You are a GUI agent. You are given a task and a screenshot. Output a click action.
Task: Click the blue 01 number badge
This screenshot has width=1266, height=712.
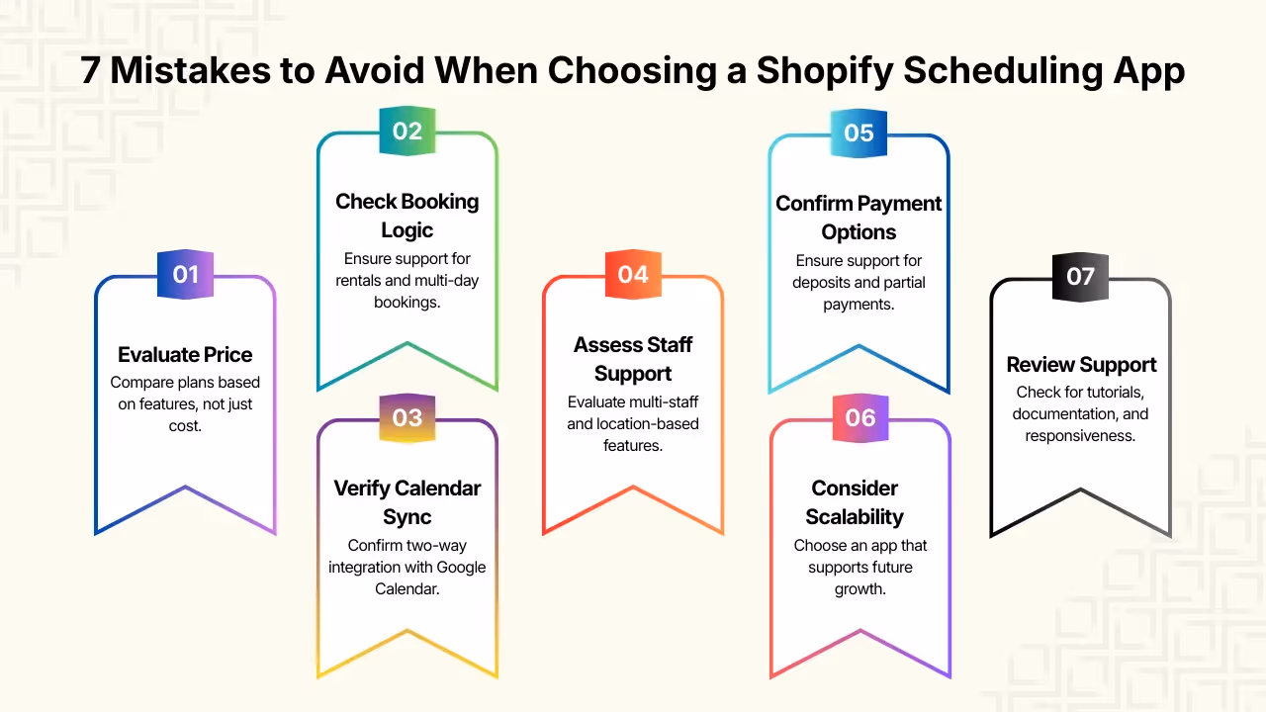[x=186, y=274]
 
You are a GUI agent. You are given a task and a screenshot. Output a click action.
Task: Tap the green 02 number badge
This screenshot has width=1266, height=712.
[x=407, y=131]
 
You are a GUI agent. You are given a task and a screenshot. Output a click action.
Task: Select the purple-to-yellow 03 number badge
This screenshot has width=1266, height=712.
[x=407, y=417]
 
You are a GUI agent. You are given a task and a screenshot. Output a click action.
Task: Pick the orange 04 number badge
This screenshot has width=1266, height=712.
[x=633, y=274]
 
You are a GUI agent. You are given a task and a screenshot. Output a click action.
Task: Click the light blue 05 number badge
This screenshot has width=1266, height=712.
[x=859, y=132]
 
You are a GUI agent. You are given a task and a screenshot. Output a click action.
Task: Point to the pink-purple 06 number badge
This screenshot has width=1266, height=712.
[x=859, y=417]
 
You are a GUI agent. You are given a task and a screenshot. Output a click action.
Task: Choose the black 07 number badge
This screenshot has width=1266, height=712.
[x=1080, y=275]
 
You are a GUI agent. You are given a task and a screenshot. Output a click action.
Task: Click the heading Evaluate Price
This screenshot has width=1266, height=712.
[x=185, y=355]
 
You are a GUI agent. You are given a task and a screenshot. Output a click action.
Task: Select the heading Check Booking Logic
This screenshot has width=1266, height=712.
[x=407, y=216]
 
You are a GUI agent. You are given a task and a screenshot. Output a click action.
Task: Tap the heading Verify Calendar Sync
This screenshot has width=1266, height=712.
[x=407, y=502]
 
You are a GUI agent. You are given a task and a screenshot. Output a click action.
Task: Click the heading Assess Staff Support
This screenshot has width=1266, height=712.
[x=633, y=359]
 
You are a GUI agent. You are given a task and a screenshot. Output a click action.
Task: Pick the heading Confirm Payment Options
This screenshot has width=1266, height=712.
[x=859, y=218]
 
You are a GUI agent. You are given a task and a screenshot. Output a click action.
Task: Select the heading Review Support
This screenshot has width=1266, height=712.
[x=1081, y=365]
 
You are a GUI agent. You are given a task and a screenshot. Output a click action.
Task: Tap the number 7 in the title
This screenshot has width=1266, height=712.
[x=91, y=72]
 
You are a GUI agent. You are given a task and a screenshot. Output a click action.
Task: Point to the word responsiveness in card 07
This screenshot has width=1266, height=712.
[x=1080, y=436]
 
